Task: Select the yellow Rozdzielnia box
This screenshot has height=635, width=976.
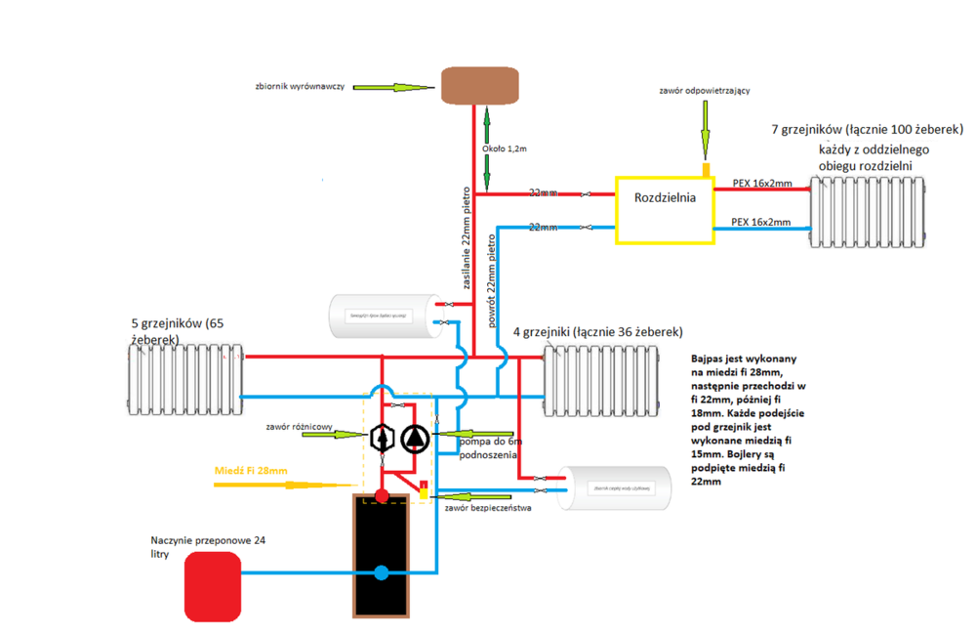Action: pyautogui.click(x=664, y=210)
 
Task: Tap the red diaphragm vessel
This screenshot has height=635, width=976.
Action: pyautogui.click(x=212, y=585)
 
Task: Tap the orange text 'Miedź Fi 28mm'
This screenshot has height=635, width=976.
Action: pyautogui.click(x=251, y=471)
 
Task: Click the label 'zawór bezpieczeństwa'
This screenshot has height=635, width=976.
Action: pyautogui.click(x=487, y=507)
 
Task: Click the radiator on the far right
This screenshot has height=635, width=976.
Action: pyautogui.click(x=866, y=211)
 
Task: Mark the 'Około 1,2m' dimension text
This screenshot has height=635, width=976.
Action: pyautogui.click(x=506, y=149)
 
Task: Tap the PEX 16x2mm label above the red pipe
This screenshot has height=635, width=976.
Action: pyautogui.click(x=761, y=183)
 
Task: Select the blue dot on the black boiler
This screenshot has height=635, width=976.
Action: pyautogui.click(x=381, y=573)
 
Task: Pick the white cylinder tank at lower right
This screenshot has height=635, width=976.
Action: pyautogui.click(x=614, y=487)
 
